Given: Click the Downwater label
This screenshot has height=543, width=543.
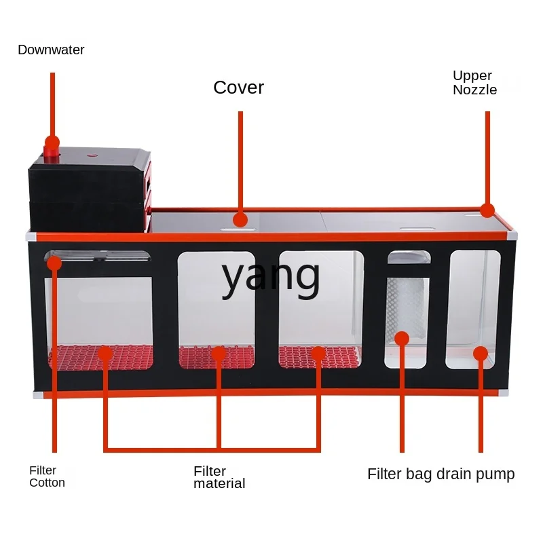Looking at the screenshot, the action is (51, 50).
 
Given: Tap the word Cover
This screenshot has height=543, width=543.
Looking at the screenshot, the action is (239, 88).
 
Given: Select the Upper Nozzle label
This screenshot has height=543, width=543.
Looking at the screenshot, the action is (474, 83).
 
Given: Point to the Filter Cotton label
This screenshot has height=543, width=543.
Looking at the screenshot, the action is (47, 476).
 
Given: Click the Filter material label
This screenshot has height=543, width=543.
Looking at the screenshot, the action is (219, 477).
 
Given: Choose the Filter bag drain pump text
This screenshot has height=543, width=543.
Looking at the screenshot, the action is (441, 474).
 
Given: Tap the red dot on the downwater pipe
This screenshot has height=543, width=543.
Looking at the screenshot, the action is (52, 143).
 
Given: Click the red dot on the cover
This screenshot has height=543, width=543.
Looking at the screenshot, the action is (240, 220).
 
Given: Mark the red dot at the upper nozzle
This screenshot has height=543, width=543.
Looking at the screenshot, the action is (487, 210).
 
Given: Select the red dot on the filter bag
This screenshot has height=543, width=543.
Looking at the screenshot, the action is (402, 338).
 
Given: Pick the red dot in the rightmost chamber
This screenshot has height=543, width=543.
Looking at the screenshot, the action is (481, 354).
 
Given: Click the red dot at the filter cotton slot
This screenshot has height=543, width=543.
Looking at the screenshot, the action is (54, 263).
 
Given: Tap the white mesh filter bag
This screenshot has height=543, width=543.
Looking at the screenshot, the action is (407, 308).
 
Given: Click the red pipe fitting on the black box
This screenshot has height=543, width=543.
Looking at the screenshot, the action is (51, 155).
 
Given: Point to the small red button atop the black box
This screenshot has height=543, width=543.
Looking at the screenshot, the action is (92, 155).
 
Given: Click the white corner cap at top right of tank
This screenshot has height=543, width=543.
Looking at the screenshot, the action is (512, 236).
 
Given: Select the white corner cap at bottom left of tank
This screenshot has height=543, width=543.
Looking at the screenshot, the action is (39, 394).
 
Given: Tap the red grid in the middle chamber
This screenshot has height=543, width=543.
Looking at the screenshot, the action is (217, 357).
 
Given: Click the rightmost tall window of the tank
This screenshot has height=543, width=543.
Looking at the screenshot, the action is (474, 310).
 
